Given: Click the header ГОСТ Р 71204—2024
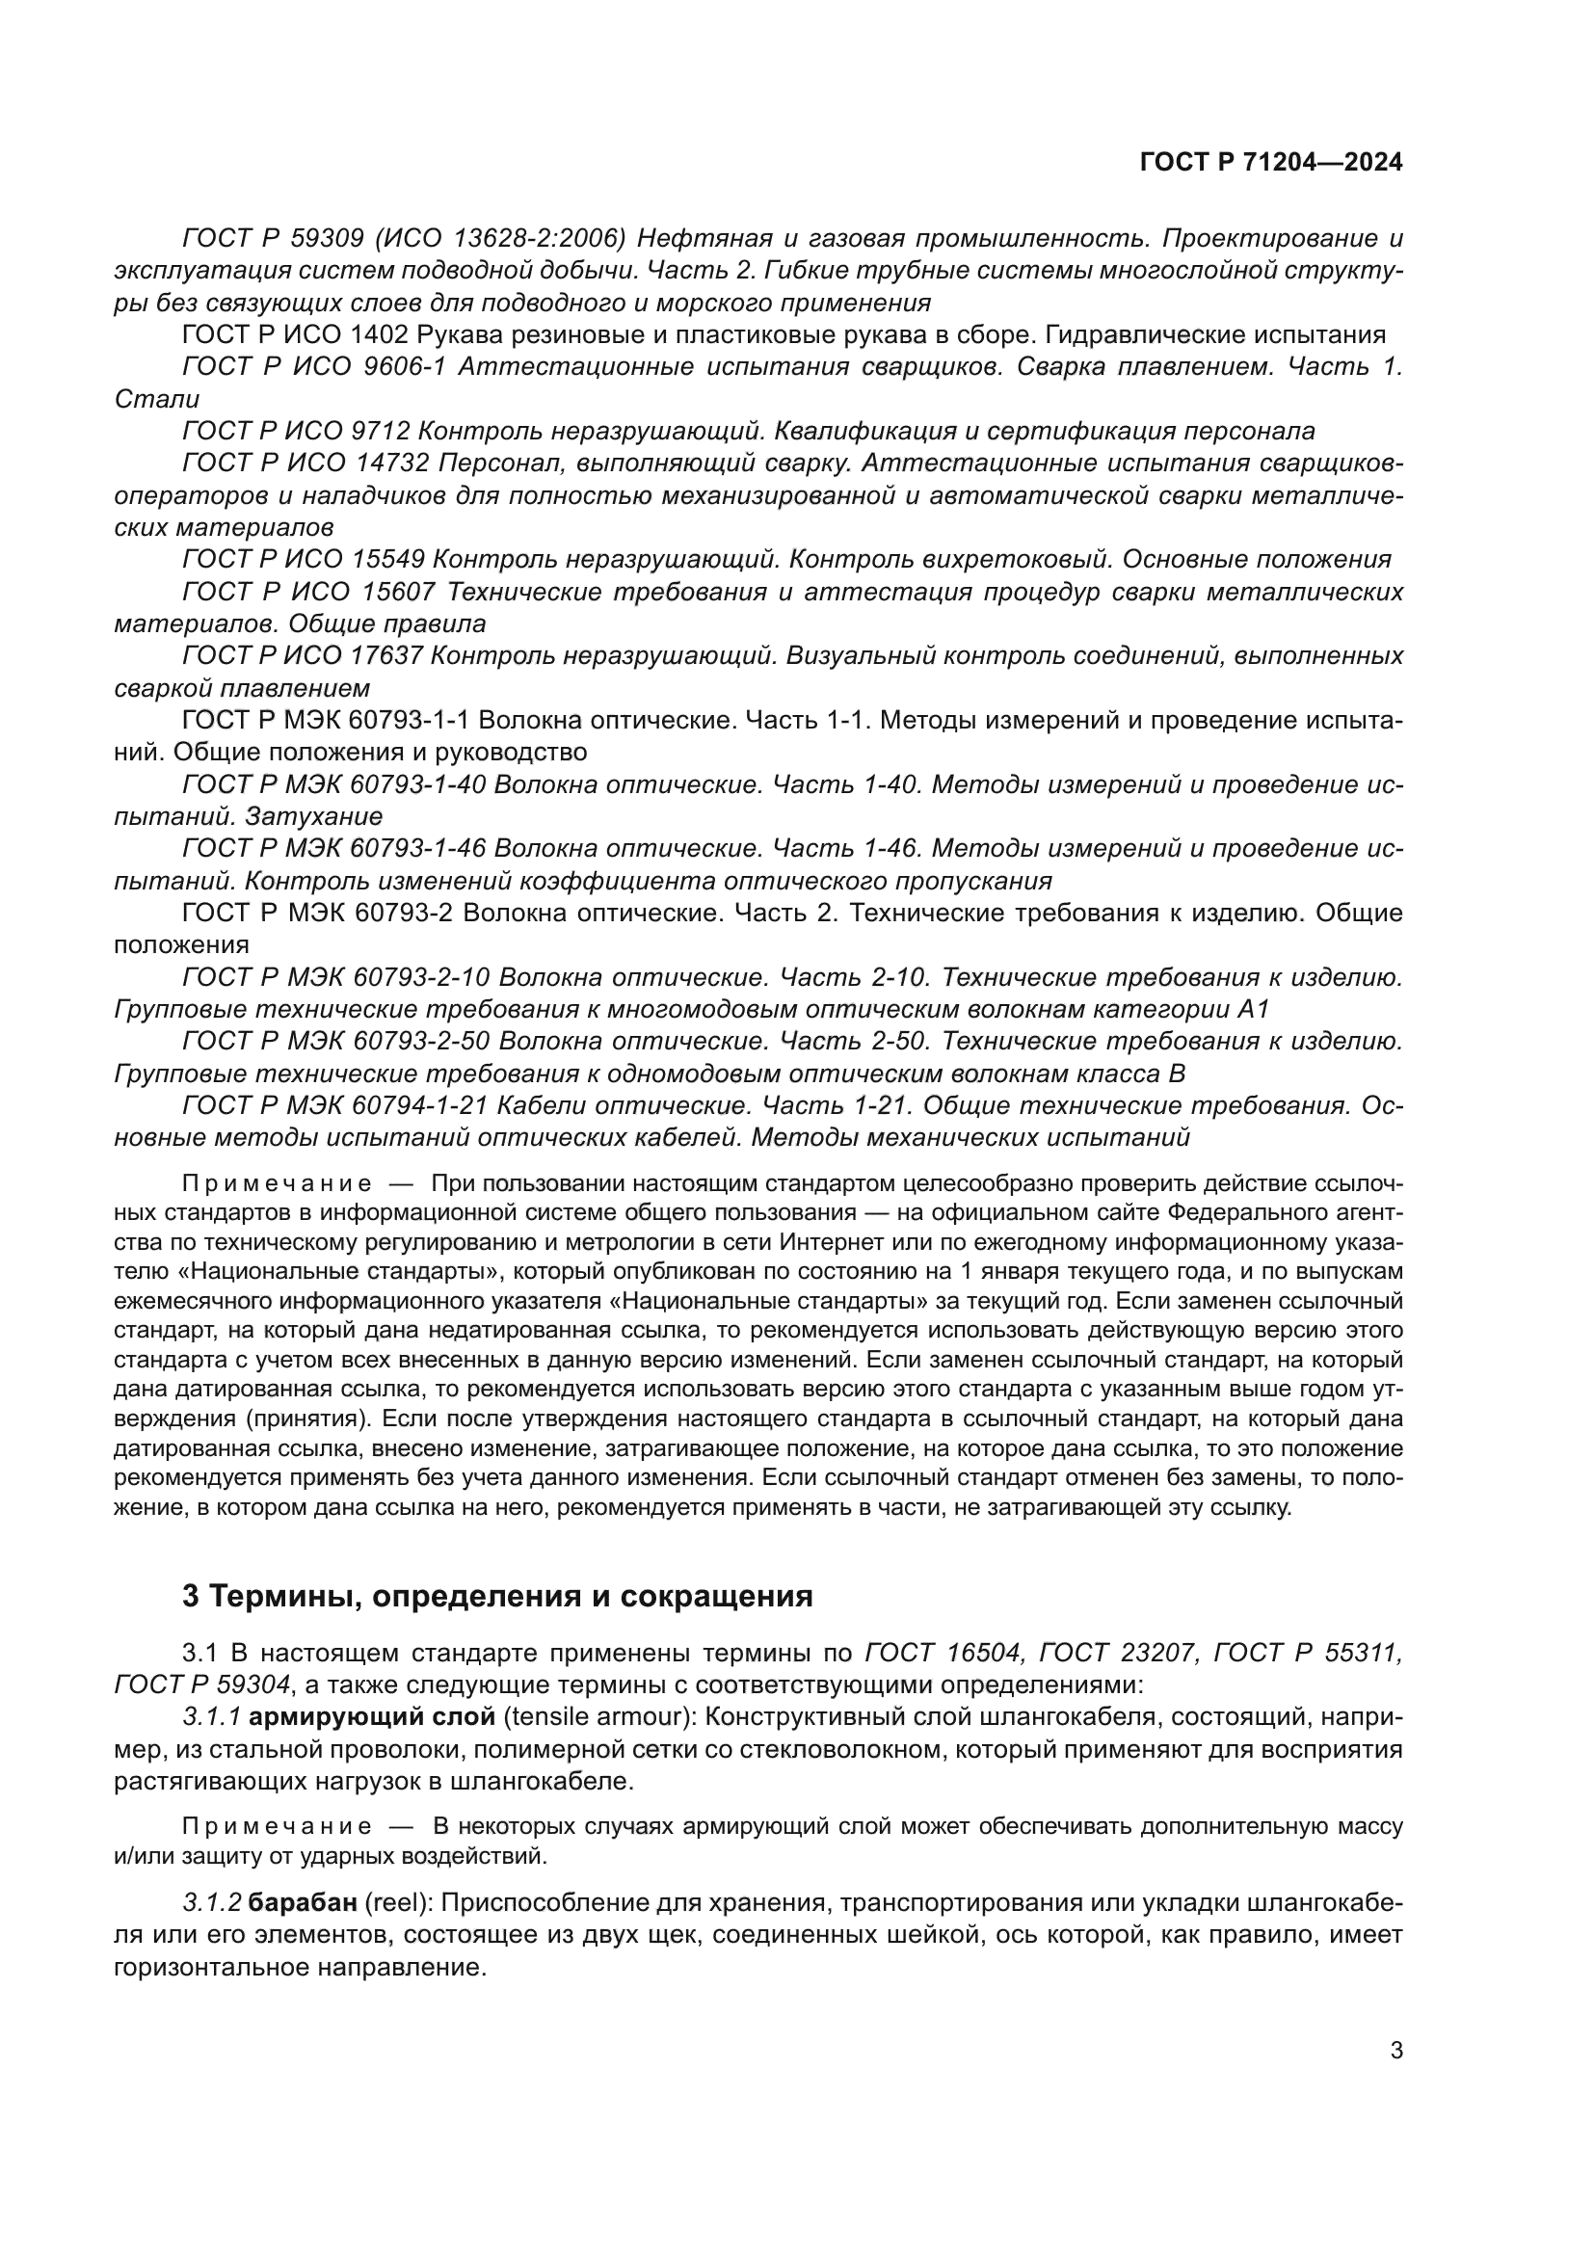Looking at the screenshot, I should (x=1270, y=163).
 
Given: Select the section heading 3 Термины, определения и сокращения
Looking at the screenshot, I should (x=497, y=1596).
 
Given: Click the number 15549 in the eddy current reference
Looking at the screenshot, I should (x=386, y=560).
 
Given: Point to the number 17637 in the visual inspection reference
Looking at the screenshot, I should (x=386, y=656).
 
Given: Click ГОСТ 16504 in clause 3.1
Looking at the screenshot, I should (x=944, y=1654).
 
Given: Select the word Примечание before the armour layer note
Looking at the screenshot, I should (x=277, y=1827).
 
